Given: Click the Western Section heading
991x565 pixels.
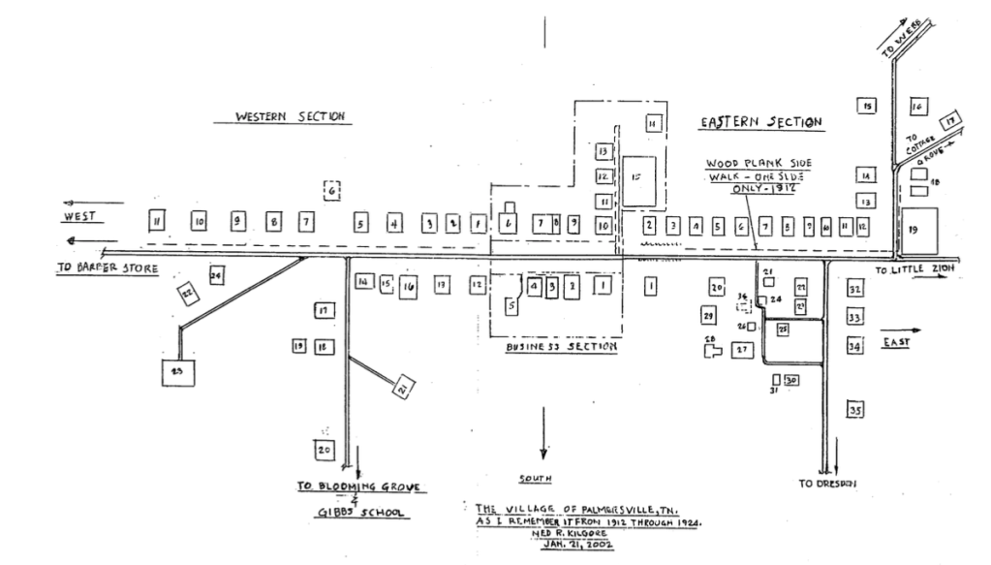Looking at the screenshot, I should coord(292,116).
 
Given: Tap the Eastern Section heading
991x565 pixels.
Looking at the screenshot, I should coord(761,122).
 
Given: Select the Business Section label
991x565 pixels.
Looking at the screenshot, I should coord(562,346).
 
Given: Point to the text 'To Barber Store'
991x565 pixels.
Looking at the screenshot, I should coord(105,267).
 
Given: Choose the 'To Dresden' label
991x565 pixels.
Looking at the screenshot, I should coord(827,482).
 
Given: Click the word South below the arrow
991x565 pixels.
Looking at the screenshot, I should coord(536,478).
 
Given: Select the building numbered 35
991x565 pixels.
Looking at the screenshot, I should coord(854,410).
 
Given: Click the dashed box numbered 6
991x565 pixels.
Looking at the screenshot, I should coord(332,191).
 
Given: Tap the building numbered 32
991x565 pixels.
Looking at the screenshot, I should coord(854,290).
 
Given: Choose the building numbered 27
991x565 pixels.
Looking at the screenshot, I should coord(743,349).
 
